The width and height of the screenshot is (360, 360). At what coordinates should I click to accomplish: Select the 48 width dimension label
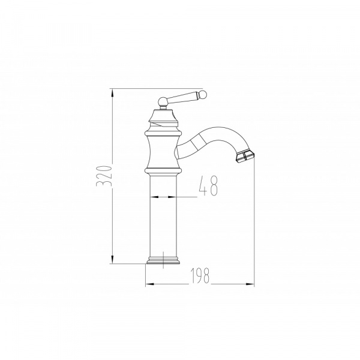pos(208,186)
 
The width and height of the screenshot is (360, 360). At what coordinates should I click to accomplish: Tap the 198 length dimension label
pos(200,275)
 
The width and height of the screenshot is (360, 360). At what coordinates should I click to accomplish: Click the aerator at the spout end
pos(245,157)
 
